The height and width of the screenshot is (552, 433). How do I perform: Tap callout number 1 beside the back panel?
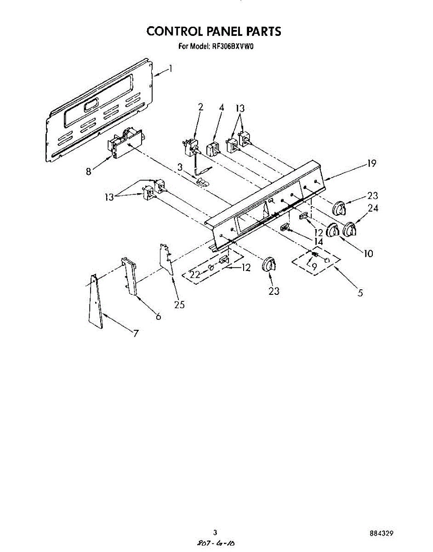171,69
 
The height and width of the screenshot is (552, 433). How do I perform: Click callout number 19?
371,163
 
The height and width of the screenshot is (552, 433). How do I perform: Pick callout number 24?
373,208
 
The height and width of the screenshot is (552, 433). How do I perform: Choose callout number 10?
368,253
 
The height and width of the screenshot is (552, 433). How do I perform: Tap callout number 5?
360,292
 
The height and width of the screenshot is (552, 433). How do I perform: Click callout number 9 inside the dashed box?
314,265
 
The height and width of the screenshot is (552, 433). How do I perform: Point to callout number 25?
179,304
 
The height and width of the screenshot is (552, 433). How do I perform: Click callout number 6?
158,316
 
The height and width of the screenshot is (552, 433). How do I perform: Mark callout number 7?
136,333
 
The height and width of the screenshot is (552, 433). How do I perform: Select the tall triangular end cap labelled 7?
96,304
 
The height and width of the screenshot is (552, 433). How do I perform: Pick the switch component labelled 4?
212,149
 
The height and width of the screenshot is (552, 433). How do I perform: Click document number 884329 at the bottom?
381,534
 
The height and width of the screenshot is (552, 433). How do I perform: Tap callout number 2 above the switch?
200,107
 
